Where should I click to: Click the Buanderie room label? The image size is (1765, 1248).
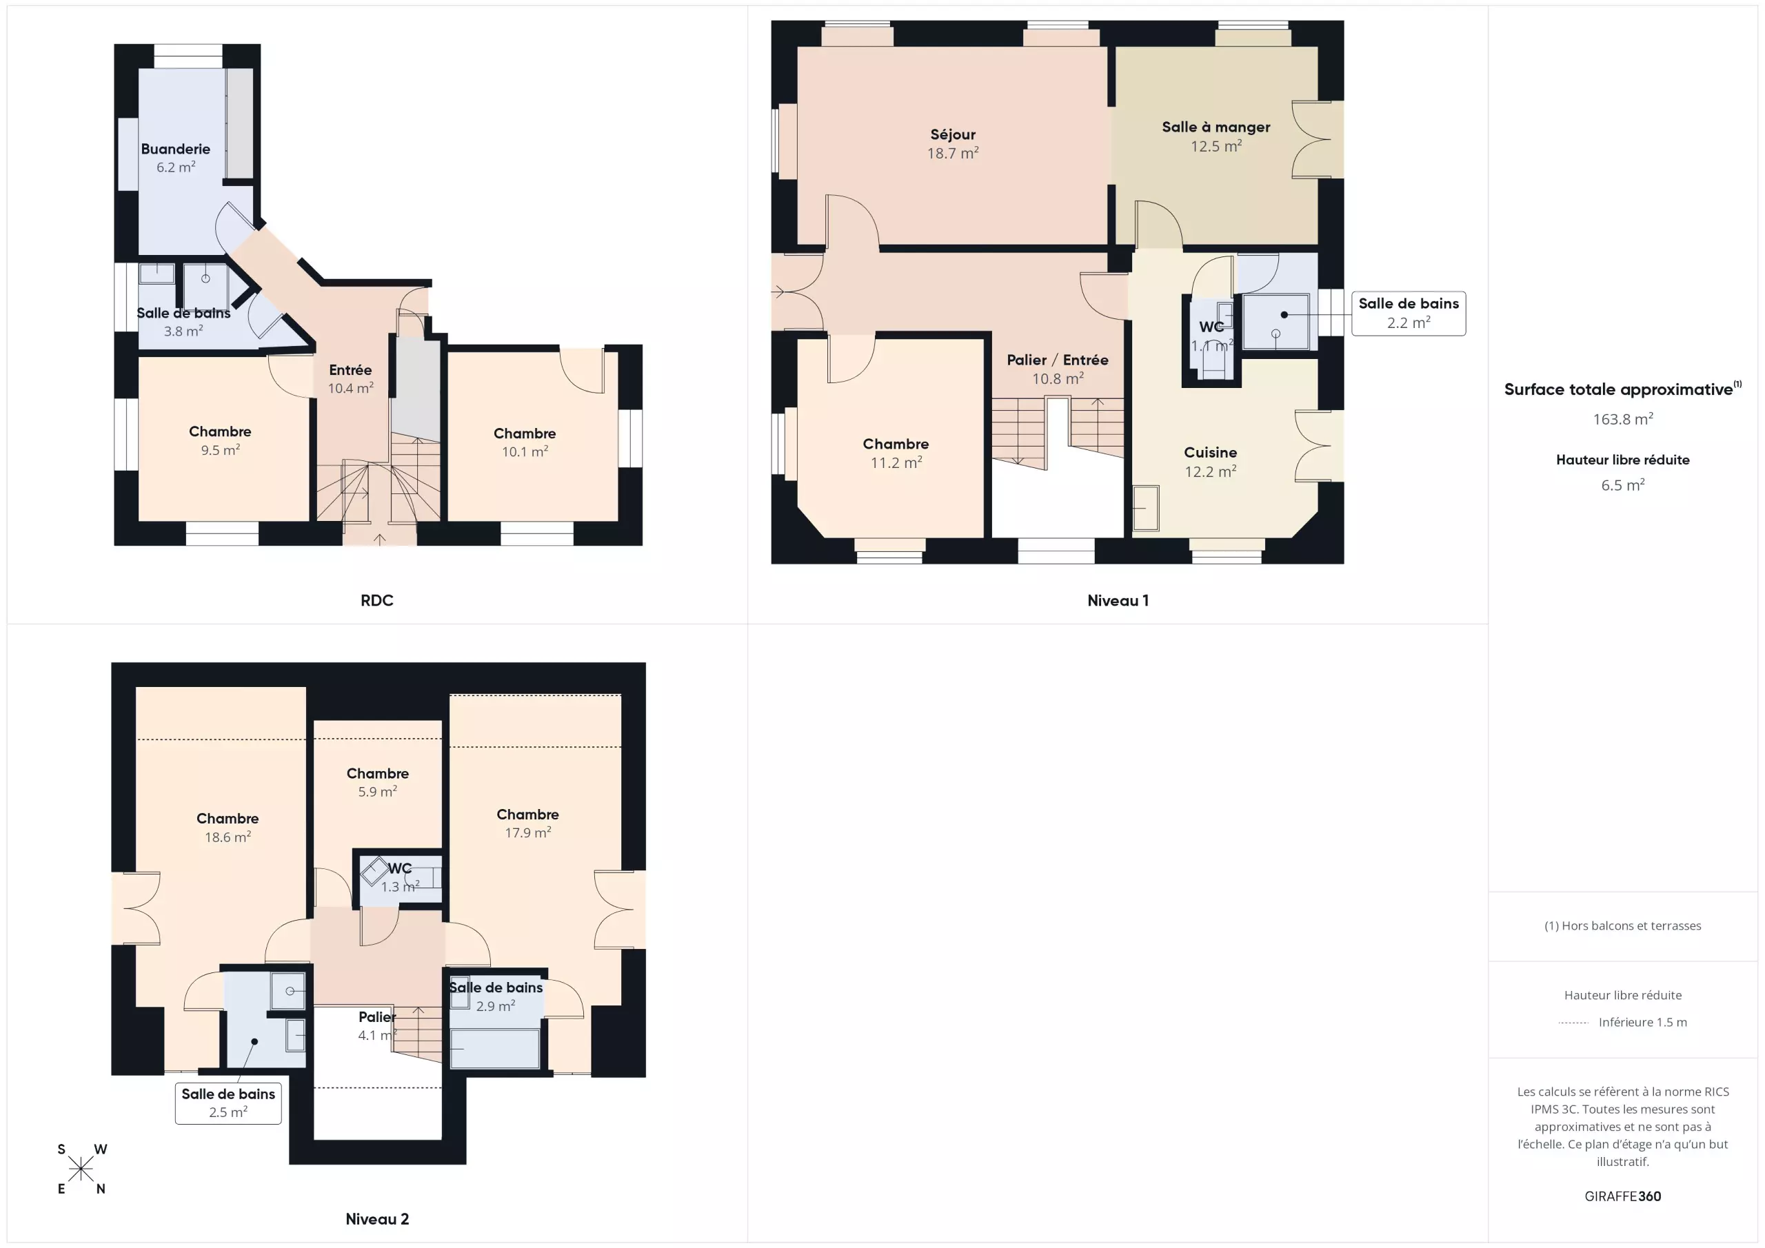click(175, 158)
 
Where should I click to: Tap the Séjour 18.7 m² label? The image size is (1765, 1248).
click(952, 144)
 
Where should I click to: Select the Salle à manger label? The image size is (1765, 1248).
click(1216, 136)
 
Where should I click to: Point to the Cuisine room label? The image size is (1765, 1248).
click(1210, 462)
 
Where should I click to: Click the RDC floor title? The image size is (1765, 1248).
click(376, 600)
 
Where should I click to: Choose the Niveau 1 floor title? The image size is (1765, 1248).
click(1118, 600)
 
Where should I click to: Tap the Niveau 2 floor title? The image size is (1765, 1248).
click(376, 1219)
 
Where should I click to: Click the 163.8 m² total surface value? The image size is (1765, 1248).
click(1623, 419)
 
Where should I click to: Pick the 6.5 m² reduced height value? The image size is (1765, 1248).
click(1623, 485)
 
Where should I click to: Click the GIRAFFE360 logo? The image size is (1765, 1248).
click(1623, 1196)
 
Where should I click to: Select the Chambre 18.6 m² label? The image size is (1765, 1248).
click(228, 828)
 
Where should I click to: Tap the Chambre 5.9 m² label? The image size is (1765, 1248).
click(377, 782)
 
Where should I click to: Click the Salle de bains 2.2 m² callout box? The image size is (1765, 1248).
click(1409, 313)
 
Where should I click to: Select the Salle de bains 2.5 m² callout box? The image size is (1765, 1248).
click(228, 1103)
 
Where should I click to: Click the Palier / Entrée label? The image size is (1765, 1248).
click(1058, 369)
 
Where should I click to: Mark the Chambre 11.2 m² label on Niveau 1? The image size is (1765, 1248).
click(896, 453)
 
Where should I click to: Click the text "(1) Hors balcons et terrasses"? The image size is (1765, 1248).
click(1623, 926)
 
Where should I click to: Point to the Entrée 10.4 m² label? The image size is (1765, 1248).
click(350, 379)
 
